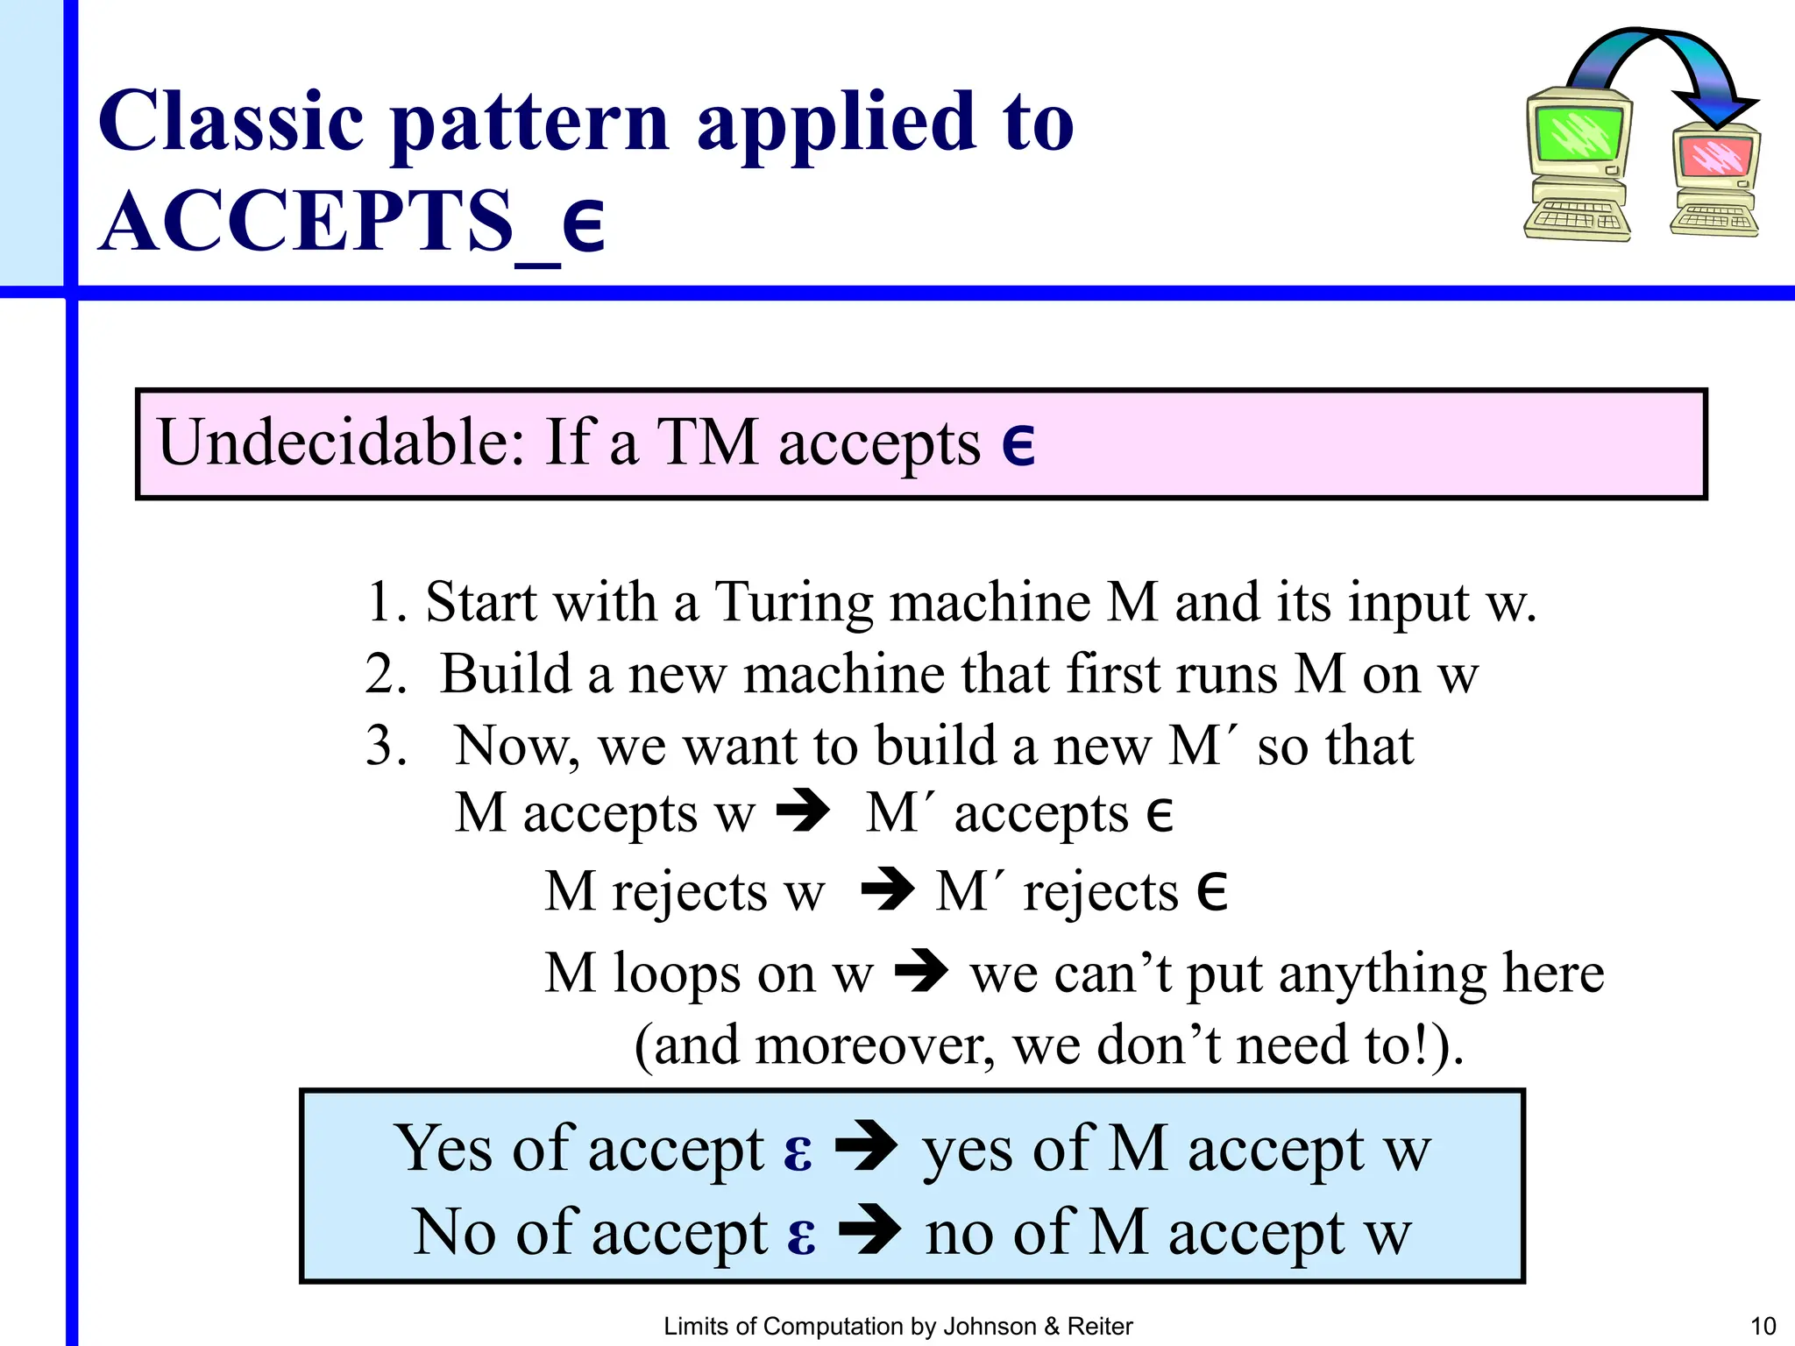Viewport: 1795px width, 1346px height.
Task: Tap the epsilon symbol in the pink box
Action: coord(1018,444)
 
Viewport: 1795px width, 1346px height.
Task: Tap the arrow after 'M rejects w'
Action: coord(887,889)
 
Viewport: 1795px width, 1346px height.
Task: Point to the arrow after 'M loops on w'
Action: coord(922,971)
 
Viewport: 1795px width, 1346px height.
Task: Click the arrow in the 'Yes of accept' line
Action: coord(866,1146)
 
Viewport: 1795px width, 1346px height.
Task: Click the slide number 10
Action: coord(1763,1327)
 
